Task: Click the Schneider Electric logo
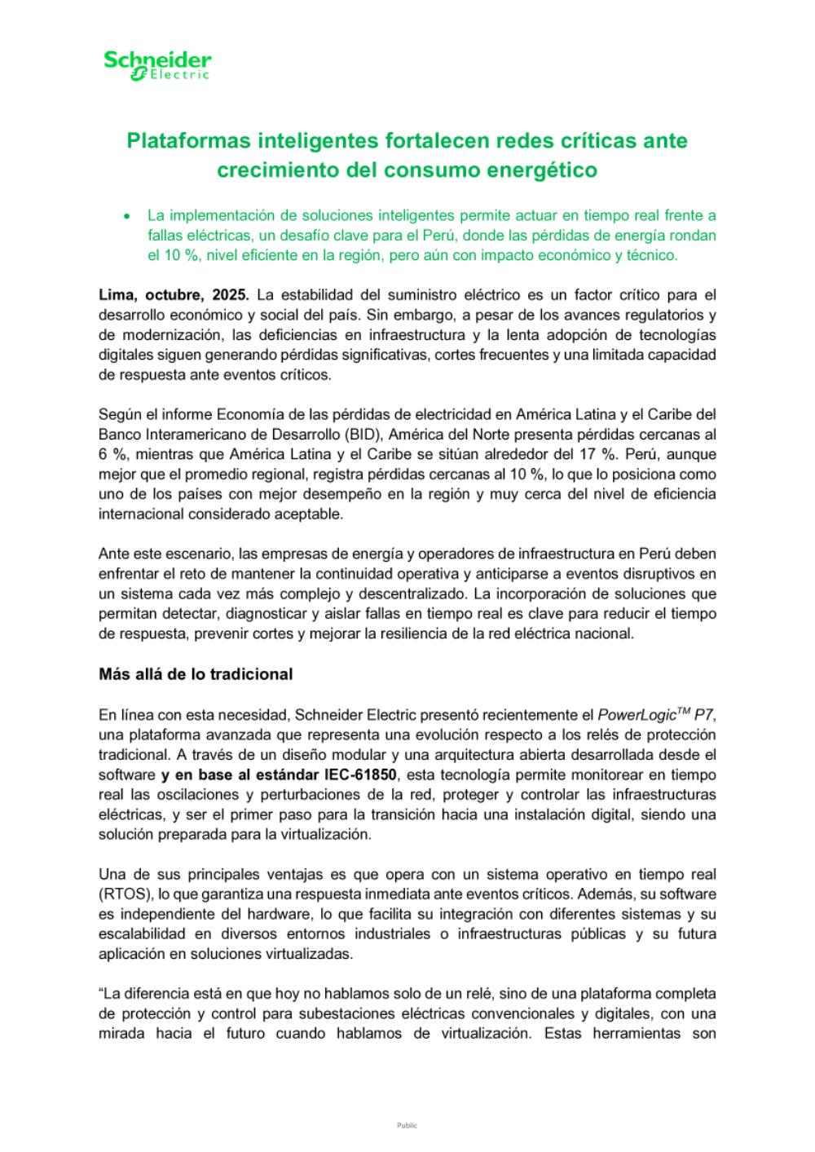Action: coord(157,65)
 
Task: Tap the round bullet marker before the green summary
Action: coord(126,217)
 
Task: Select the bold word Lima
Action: coord(117,294)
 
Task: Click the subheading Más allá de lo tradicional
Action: coord(196,675)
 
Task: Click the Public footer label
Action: coord(407,1125)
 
